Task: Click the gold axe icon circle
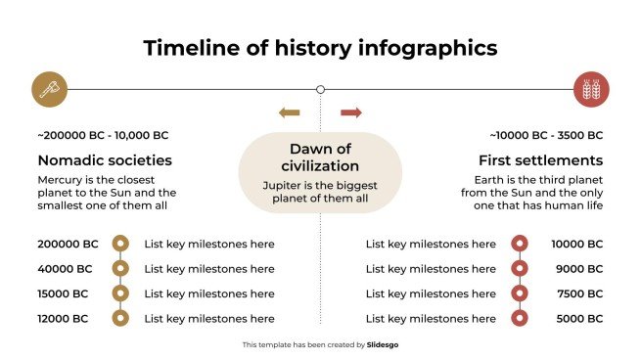click(x=48, y=89)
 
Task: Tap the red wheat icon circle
click(x=590, y=89)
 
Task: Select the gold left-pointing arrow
click(x=289, y=112)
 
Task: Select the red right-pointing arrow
click(x=351, y=112)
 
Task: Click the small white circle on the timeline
click(x=320, y=89)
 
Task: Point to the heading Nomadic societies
click(x=105, y=159)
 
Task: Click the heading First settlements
click(x=540, y=159)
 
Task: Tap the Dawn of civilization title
click(x=320, y=157)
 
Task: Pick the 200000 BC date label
click(x=68, y=244)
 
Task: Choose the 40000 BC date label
click(x=65, y=268)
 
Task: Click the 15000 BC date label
click(x=63, y=292)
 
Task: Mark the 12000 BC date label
click(x=63, y=317)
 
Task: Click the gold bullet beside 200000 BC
click(x=120, y=244)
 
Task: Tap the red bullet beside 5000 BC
click(x=521, y=317)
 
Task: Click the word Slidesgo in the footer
click(x=384, y=344)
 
